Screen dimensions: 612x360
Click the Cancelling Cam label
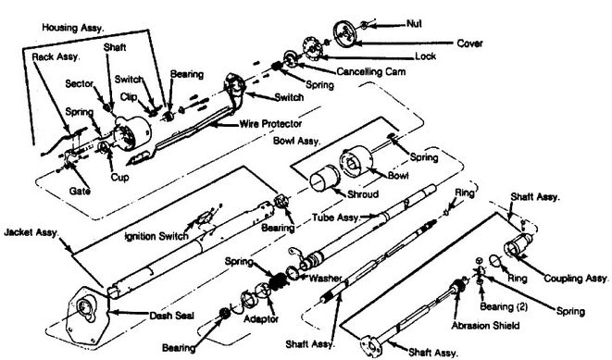coord(370,72)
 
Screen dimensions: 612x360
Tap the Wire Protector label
coord(270,124)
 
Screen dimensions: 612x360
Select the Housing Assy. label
coord(72,28)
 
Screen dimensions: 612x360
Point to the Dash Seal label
coord(171,316)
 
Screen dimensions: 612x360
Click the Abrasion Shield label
coord(485,325)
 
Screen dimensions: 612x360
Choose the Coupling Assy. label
coord(576,279)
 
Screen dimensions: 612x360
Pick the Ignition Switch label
coord(156,236)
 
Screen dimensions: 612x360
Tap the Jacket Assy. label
coord(31,233)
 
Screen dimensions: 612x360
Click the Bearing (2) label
coord(504,307)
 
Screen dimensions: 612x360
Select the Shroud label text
coord(363,193)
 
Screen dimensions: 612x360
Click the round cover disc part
coord(345,33)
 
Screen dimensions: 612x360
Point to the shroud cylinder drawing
coord(325,179)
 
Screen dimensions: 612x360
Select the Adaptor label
coord(261,319)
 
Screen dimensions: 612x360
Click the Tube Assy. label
coord(335,217)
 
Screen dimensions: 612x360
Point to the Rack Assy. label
coord(56,57)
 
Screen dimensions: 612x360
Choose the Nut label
coord(414,24)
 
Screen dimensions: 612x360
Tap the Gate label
coord(80,192)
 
